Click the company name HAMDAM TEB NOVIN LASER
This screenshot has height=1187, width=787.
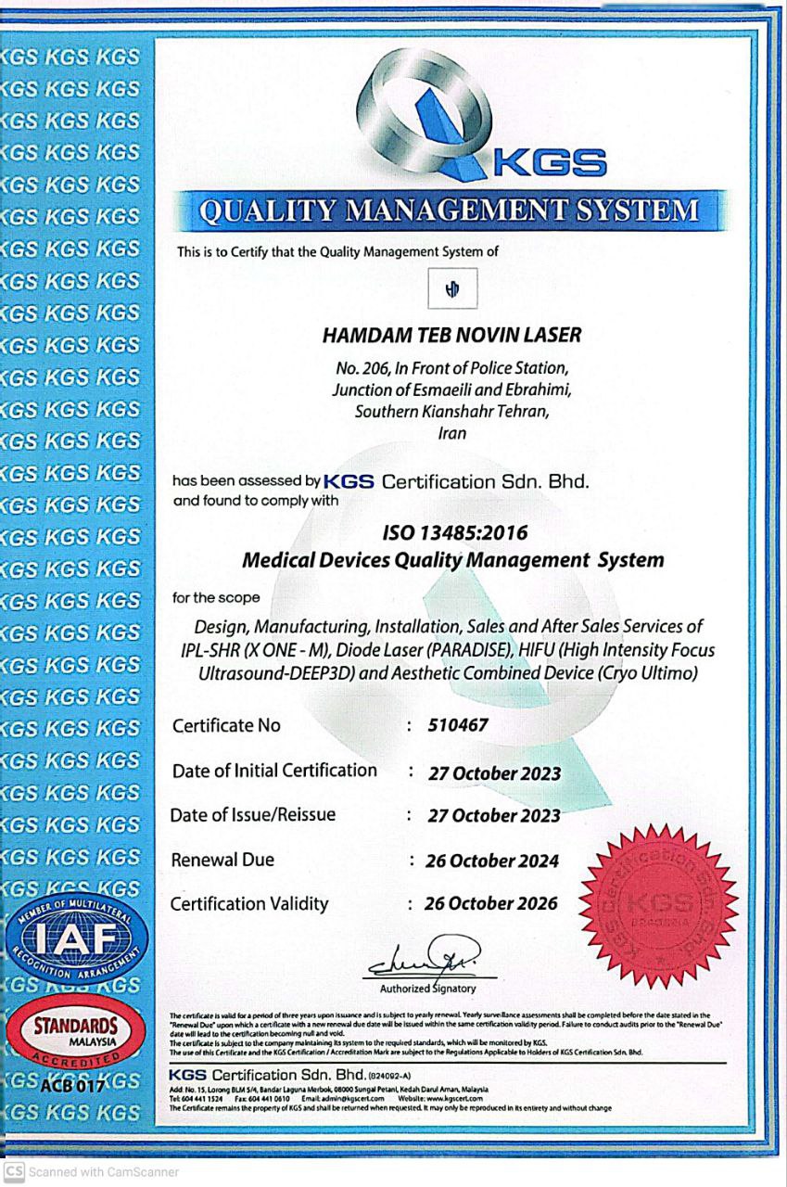click(x=452, y=335)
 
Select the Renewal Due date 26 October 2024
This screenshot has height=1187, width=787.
click(x=493, y=861)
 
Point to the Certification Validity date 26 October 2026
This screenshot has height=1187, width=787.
click(x=491, y=903)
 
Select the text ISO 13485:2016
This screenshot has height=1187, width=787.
click(x=454, y=533)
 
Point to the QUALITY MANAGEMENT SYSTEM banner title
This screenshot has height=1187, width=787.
click(x=450, y=211)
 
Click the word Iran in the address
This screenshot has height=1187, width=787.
click(x=452, y=432)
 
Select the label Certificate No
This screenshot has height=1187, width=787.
click(x=226, y=725)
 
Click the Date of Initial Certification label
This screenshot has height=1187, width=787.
click(x=274, y=770)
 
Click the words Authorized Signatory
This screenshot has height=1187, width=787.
click(x=428, y=989)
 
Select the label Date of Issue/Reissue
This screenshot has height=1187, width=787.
click(x=253, y=814)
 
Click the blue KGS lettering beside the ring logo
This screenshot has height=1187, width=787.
click(x=550, y=164)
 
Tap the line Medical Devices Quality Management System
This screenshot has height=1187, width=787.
click(x=452, y=560)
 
